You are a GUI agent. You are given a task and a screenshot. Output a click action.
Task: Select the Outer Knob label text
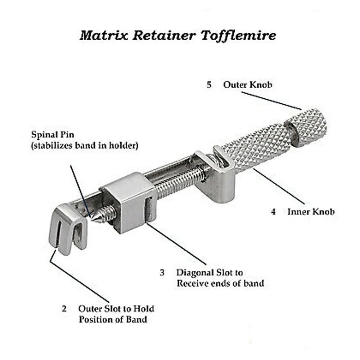point(247,85)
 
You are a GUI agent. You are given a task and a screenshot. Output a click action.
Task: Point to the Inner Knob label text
point(310,212)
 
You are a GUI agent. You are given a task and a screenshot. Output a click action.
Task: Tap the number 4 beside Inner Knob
point(274,212)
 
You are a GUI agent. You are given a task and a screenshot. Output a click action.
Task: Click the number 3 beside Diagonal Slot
point(162,273)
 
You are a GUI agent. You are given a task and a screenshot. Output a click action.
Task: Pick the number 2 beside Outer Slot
point(64,309)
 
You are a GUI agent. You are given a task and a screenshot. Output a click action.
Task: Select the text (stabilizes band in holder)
point(85,147)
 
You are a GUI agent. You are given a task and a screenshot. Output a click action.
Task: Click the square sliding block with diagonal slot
point(128,202)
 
